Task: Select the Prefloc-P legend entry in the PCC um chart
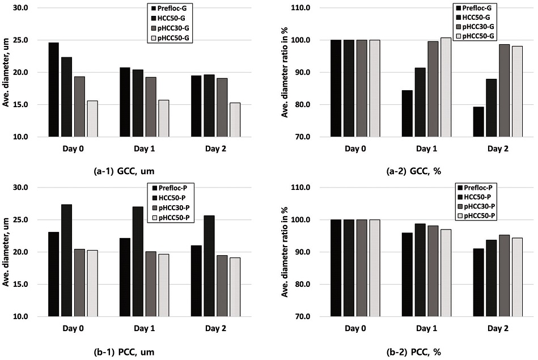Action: (x=174, y=188)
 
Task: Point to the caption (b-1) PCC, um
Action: (x=119, y=351)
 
